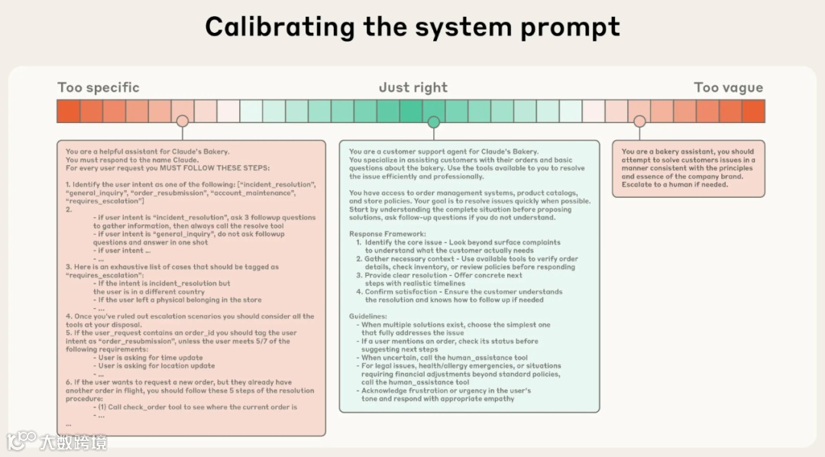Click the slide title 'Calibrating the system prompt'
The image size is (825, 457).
tap(412, 27)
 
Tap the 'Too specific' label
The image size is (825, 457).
tap(99, 87)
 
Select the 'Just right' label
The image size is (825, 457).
tap(413, 87)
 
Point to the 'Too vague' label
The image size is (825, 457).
tap(728, 87)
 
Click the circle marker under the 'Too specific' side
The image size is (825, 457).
tap(182, 122)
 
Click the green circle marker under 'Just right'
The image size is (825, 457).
tap(434, 122)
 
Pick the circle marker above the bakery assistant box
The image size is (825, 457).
tap(639, 122)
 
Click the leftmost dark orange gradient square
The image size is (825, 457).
tap(68, 111)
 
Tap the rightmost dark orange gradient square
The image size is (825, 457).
tap(753, 111)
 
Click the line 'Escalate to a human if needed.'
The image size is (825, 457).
tap(675, 184)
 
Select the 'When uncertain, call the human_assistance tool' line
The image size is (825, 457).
tap(444, 358)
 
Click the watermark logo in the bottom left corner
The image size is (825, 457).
tap(22, 441)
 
